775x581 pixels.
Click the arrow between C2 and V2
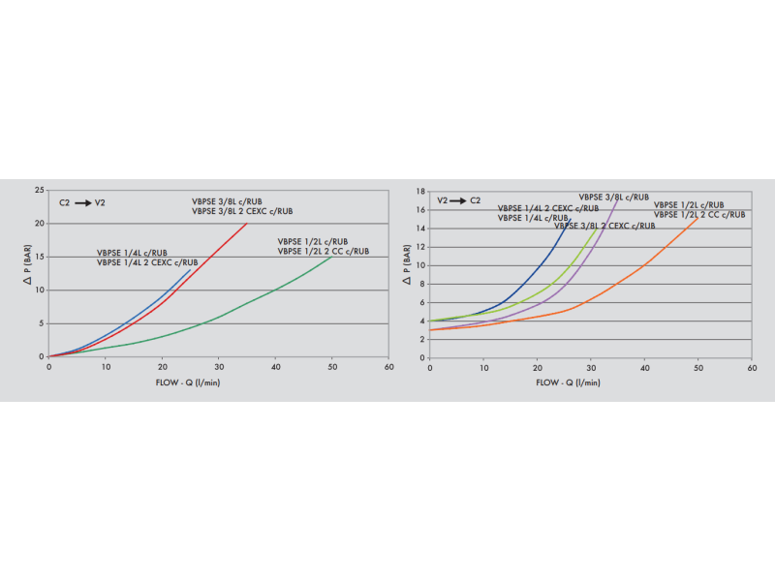tap(83, 202)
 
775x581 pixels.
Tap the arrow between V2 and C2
tap(460, 200)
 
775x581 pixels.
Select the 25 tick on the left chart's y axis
tap(39, 190)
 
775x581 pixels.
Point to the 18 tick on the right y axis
tap(419, 191)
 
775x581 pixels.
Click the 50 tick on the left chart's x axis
tap(331, 368)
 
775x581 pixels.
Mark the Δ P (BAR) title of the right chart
tap(408, 274)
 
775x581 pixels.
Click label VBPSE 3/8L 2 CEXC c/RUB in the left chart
tap(241, 211)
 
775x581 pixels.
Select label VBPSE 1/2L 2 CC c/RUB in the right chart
tap(699, 214)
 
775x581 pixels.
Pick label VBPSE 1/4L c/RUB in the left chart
tap(132, 253)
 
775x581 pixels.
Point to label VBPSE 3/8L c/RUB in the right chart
tap(613, 197)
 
